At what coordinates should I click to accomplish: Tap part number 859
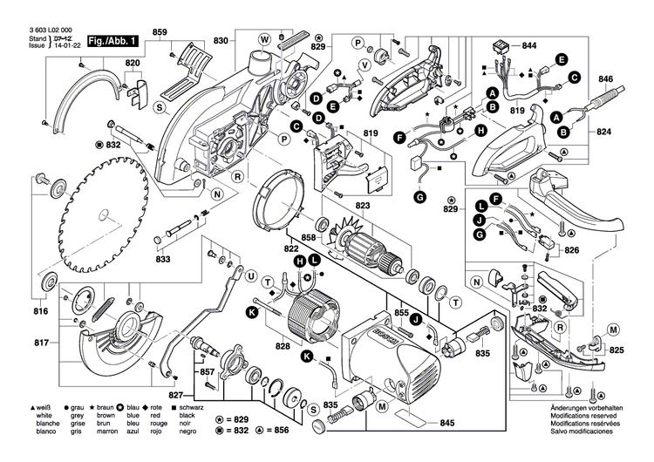(160, 33)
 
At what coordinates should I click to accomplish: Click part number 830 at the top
(221, 41)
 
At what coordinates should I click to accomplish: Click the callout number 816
(41, 311)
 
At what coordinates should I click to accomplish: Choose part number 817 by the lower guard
(41, 343)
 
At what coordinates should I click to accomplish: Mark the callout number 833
(163, 259)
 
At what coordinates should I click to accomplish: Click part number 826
(570, 251)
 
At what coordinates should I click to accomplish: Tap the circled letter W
(263, 39)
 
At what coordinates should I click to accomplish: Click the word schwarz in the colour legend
(192, 407)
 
